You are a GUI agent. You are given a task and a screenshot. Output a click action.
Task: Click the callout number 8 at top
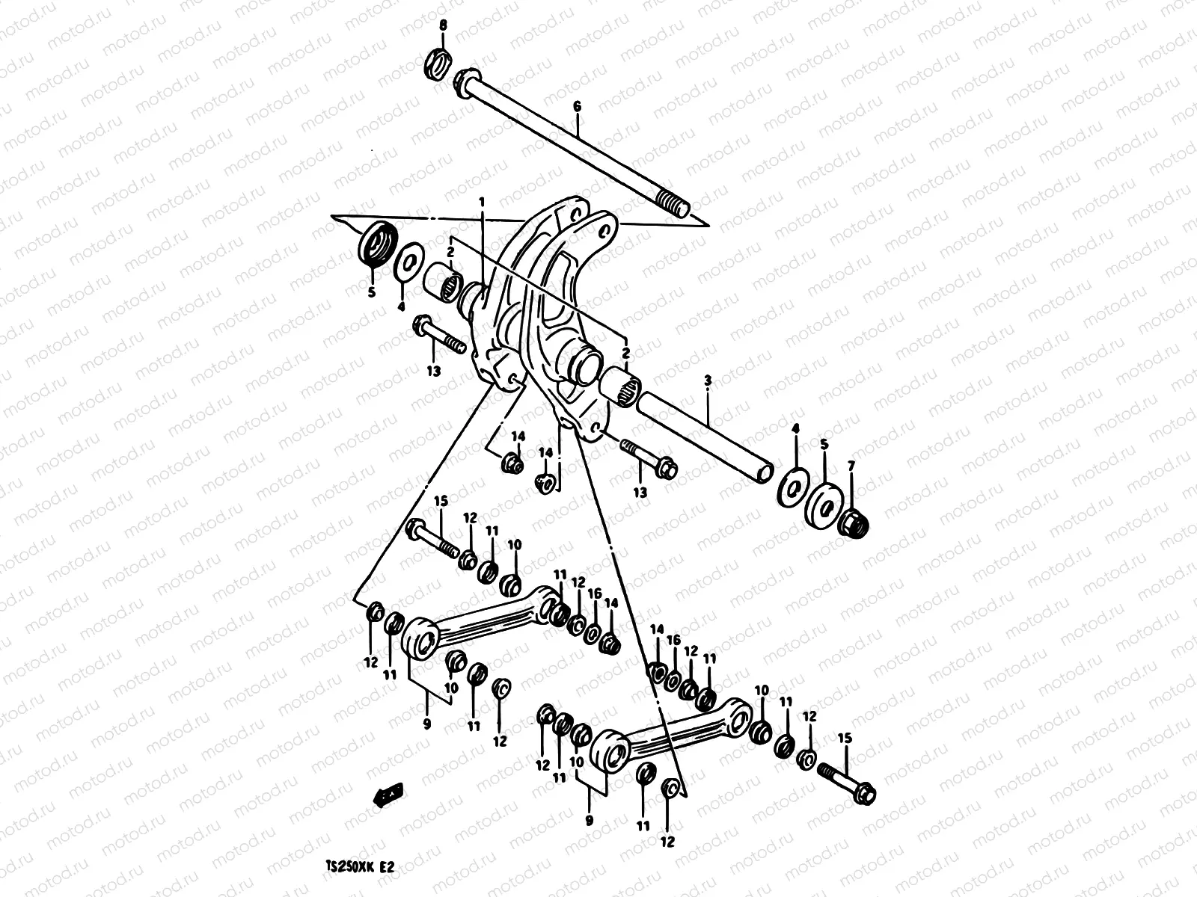pyautogui.click(x=443, y=26)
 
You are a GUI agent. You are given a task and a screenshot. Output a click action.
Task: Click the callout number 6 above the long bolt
pyautogui.click(x=577, y=108)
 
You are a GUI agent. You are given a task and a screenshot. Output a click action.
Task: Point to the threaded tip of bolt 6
pyautogui.click(x=673, y=206)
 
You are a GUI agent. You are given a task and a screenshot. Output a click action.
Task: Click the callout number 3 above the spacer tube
pyautogui.click(x=708, y=381)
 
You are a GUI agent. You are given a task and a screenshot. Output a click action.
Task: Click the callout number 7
pyautogui.click(x=851, y=466)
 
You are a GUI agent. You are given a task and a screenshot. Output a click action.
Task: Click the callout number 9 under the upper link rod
pyautogui.click(x=427, y=723)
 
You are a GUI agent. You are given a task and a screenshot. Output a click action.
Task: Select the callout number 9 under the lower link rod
pyautogui.click(x=590, y=820)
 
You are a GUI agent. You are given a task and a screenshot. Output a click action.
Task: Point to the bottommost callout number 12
pyautogui.click(x=667, y=842)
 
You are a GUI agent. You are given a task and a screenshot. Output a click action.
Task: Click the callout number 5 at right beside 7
pyautogui.click(x=824, y=444)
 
